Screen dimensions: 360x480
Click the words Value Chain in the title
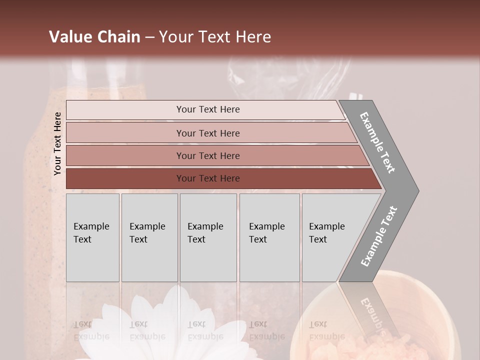pyautogui.click(x=94, y=37)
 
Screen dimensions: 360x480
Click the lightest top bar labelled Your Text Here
pyautogui.click(x=207, y=109)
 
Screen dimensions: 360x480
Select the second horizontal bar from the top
pyautogui.click(x=207, y=133)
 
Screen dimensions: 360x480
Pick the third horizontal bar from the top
pyautogui.click(x=207, y=155)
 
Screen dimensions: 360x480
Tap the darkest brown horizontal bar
pyautogui.click(x=207, y=178)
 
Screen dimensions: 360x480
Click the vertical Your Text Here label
pyautogui.click(x=58, y=143)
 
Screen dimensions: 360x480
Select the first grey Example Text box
pyautogui.click(x=92, y=237)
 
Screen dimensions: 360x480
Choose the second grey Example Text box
pyautogui.click(x=149, y=237)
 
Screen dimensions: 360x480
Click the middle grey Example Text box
pyautogui.click(x=208, y=237)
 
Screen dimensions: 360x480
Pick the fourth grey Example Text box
pyautogui.click(x=269, y=237)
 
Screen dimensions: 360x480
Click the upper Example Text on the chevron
pyautogui.click(x=378, y=142)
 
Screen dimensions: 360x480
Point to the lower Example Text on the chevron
pyautogui.click(x=379, y=236)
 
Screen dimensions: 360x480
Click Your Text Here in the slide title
pyautogui.click(x=215, y=37)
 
